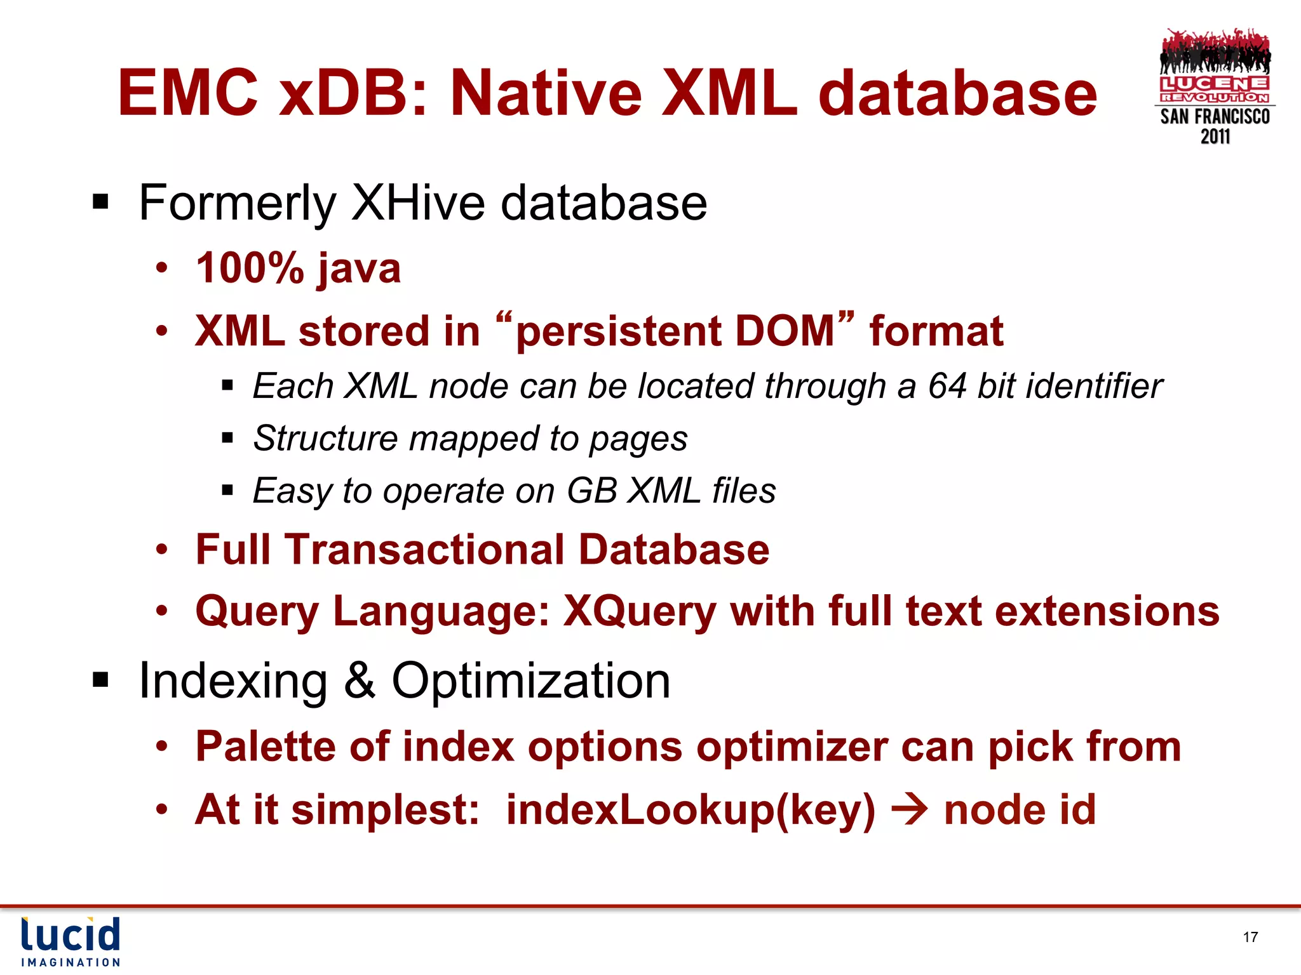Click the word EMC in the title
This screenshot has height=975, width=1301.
coord(188,93)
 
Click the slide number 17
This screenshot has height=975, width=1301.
coord(1250,937)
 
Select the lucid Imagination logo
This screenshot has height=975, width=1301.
coord(71,941)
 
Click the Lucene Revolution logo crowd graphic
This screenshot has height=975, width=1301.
coord(1215,52)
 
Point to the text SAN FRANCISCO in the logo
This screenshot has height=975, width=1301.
coord(1215,117)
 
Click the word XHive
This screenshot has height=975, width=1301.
coord(419,203)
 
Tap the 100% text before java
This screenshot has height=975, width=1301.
coord(250,268)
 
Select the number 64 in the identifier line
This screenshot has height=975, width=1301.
coord(947,386)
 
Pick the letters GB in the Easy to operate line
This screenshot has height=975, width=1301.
coord(591,491)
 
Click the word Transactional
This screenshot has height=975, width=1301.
coord(424,549)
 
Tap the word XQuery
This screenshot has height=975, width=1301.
coord(640,612)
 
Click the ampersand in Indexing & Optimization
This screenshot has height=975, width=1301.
coord(360,680)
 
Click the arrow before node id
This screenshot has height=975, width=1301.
coord(910,809)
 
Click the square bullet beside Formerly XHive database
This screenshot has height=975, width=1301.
coord(100,203)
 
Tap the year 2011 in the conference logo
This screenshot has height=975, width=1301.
coord(1215,136)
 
